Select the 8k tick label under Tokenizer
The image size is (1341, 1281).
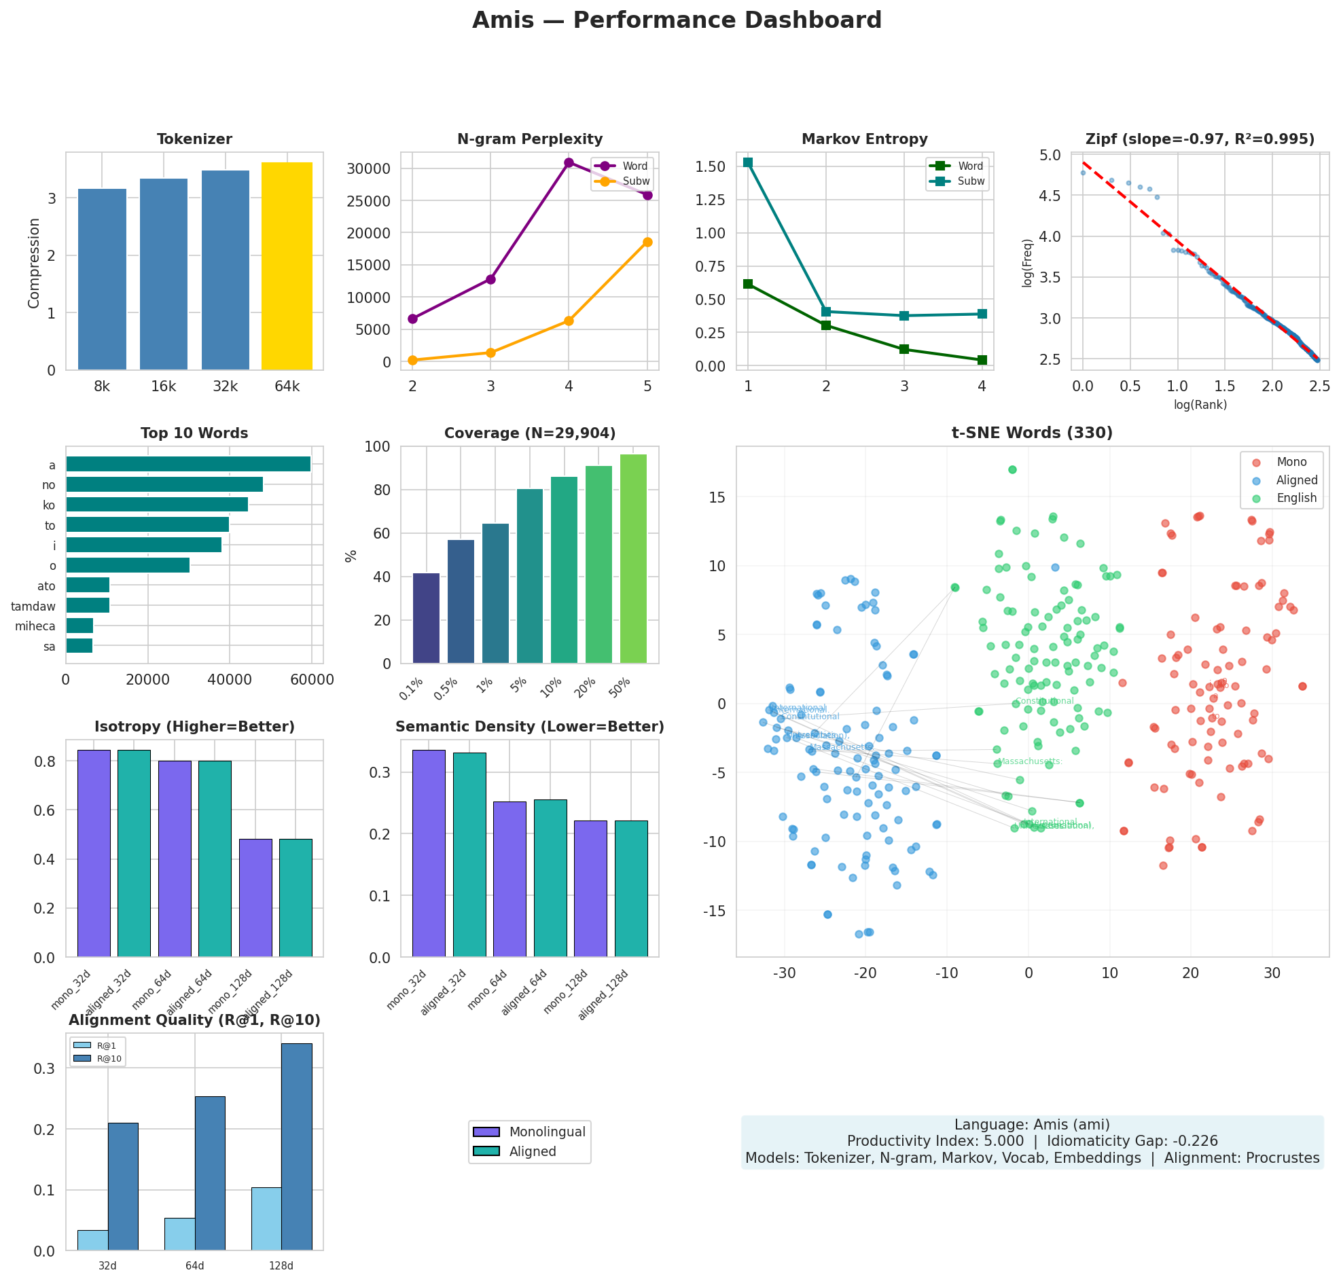point(102,386)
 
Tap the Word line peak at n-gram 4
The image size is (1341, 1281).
point(568,162)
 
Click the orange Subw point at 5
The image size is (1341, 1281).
point(647,242)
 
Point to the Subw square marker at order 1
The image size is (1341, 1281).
point(748,162)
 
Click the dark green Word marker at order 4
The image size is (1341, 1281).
point(981,360)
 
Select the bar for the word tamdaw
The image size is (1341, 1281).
point(88,605)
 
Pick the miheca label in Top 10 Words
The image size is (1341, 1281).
point(35,626)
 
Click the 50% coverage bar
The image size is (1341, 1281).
point(632,558)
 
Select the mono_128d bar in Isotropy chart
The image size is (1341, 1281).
point(255,897)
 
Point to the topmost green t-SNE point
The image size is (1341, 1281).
point(1012,469)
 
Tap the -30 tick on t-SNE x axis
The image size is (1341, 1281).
point(784,973)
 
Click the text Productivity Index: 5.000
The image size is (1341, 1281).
point(934,1141)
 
